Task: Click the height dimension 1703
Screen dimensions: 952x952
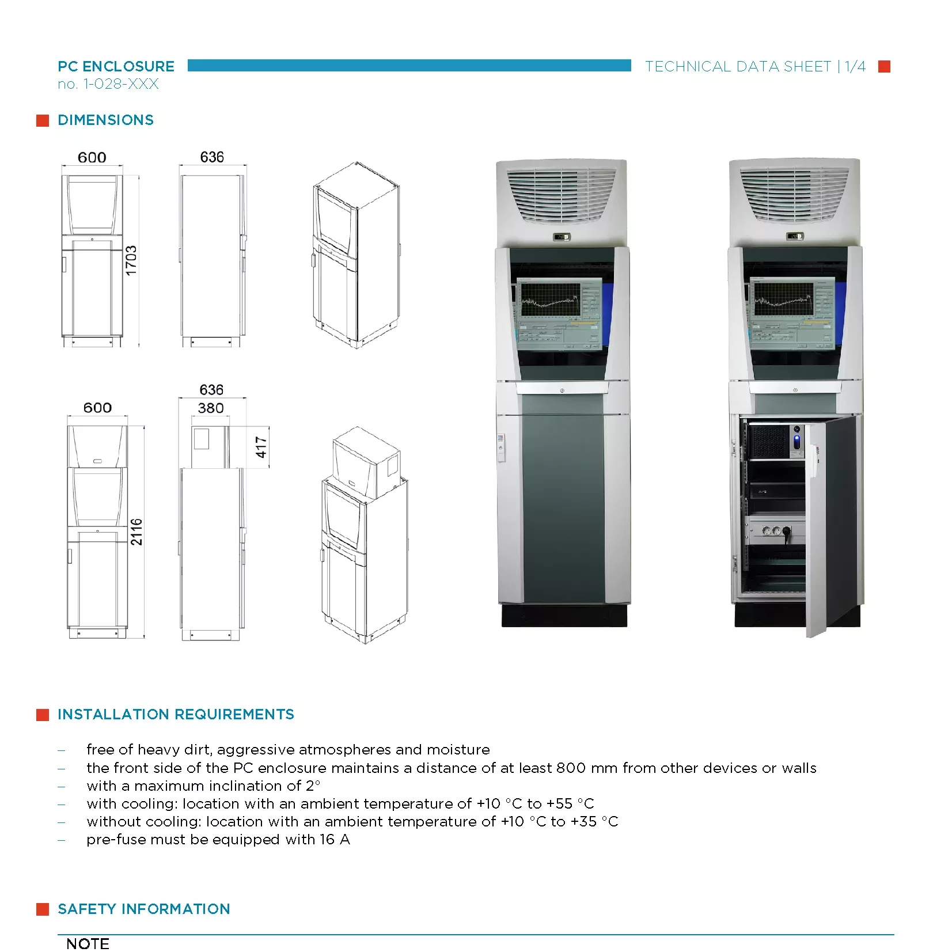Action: [131, 260]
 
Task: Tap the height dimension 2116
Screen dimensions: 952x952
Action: [136, 532]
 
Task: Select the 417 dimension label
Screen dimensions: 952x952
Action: [261, 447]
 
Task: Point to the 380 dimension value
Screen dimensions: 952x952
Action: [211, 408]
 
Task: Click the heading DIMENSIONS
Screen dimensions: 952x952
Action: [106, 120]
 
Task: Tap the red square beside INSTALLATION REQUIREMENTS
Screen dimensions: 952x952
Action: [43, 715]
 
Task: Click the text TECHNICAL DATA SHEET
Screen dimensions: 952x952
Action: [738, 67]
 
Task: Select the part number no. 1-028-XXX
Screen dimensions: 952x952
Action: [108, 84]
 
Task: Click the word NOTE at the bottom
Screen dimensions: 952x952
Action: [88, 944]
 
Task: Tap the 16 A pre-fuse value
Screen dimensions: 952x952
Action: [335, 840]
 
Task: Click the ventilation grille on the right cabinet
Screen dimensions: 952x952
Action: [794, 194]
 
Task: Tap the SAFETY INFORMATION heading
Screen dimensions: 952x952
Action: [144, 909]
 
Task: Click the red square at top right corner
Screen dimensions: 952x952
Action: [884, 67]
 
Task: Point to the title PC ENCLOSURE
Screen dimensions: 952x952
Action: [116, 66]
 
